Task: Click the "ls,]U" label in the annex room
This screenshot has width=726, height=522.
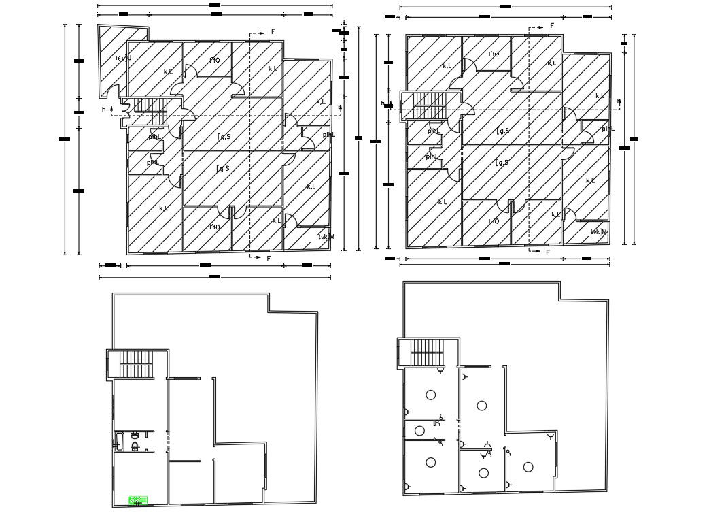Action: (123, 58)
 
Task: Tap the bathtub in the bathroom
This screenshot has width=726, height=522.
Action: (120, 440)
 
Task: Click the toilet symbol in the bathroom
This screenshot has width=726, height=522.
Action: (135, 446)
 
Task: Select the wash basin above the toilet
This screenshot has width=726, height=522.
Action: (135, 434)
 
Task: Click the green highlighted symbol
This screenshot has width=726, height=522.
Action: (138, 501)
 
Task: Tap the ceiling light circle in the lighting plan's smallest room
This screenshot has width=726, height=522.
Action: (419, 430)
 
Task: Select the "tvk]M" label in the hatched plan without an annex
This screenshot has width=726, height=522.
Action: (599, 232)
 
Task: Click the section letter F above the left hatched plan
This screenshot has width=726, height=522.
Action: (273, 32)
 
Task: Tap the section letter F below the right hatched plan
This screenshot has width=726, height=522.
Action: (548, 252)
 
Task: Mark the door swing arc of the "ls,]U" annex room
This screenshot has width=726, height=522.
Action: (116, 93)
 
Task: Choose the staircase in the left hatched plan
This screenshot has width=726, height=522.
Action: (149, 105)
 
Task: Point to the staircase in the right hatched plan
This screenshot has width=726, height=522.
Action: (428, 105)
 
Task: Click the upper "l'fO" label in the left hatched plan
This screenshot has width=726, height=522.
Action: (215, 60)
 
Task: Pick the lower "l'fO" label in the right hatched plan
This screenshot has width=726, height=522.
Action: (494, 221)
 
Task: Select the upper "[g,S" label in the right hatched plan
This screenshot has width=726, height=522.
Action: (503, 131)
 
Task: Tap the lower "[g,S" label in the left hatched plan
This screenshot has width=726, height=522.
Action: (223, 168)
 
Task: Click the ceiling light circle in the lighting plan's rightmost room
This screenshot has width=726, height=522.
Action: (528, 467)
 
